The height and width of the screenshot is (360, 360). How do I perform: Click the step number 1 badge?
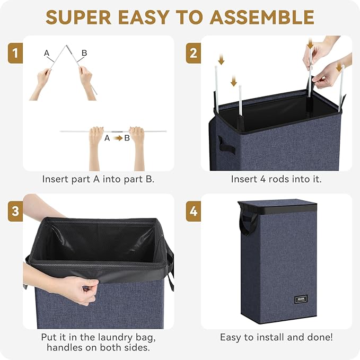[x=15, y=53]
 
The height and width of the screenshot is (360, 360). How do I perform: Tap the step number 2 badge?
[x=194, y=53]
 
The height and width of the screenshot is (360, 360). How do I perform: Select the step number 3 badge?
[x=15, y=211]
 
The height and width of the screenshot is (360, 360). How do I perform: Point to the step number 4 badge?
[x=194, y=211]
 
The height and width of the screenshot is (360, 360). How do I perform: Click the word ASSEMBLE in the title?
[x=262, y=17]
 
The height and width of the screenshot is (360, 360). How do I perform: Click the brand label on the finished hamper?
[x=301, y=300]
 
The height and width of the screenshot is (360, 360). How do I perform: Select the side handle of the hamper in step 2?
[x=226, y=144]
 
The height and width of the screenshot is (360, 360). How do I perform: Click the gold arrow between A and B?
[x=118, y=138]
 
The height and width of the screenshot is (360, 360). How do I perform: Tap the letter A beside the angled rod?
[x=47, y=53]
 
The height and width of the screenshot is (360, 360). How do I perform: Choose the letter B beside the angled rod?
[x=84, y=53]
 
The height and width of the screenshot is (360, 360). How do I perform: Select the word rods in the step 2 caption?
[x=279, y=179]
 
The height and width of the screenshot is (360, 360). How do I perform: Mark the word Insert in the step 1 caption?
[x=55, y=179]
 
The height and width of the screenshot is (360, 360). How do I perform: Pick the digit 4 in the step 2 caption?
[x=263, y=179]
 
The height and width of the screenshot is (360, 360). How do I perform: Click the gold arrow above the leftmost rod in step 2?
[x=221, y=60]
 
